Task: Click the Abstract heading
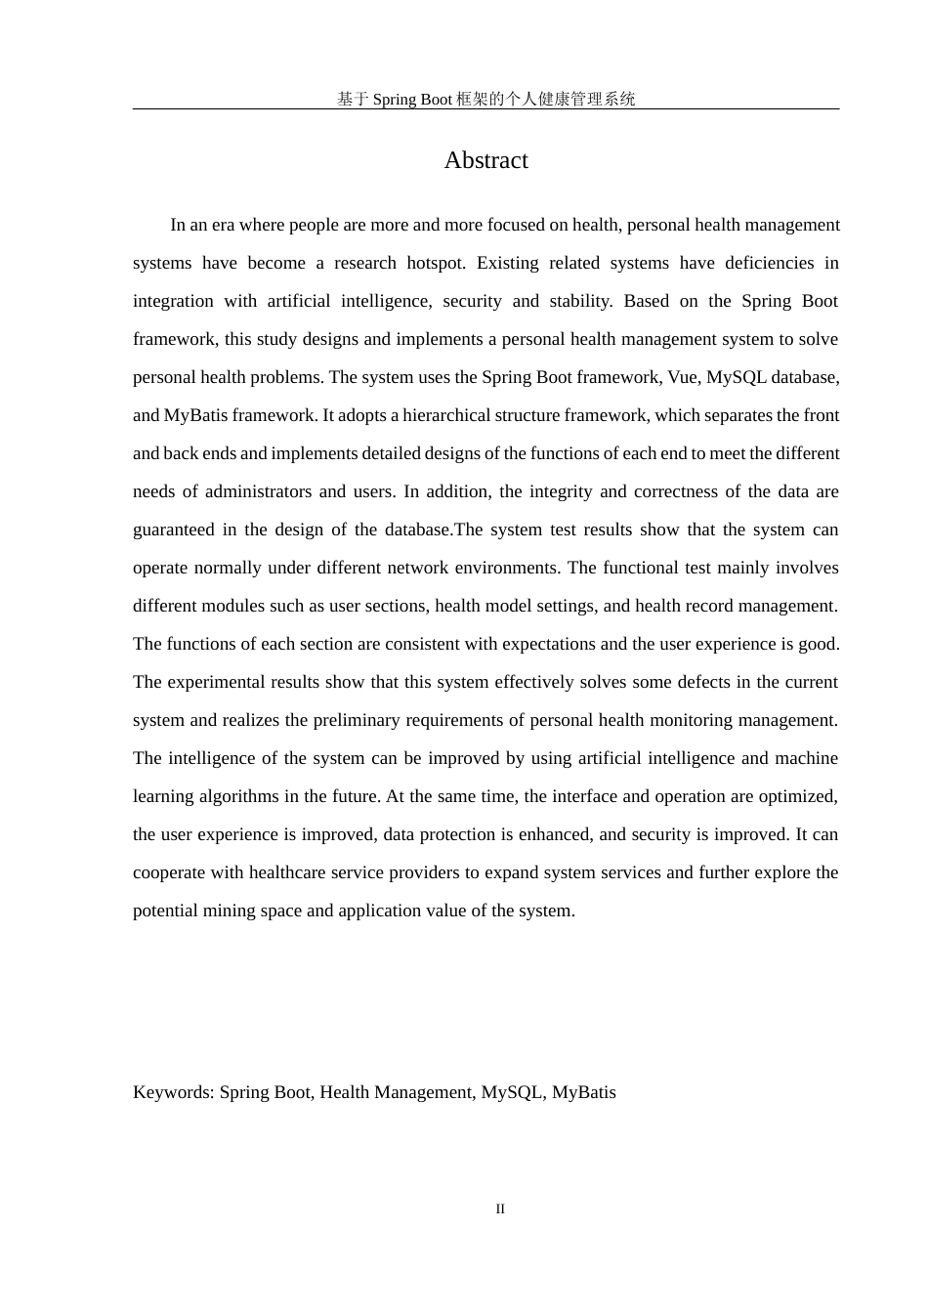[x=485, y=160]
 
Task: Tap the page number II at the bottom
[x=500, y=1209]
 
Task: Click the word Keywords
[x=173, y=1092]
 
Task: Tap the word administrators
[x=257, y=491]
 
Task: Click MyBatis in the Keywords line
[x=583, y=1092]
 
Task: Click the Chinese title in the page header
[x=485, y=99]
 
